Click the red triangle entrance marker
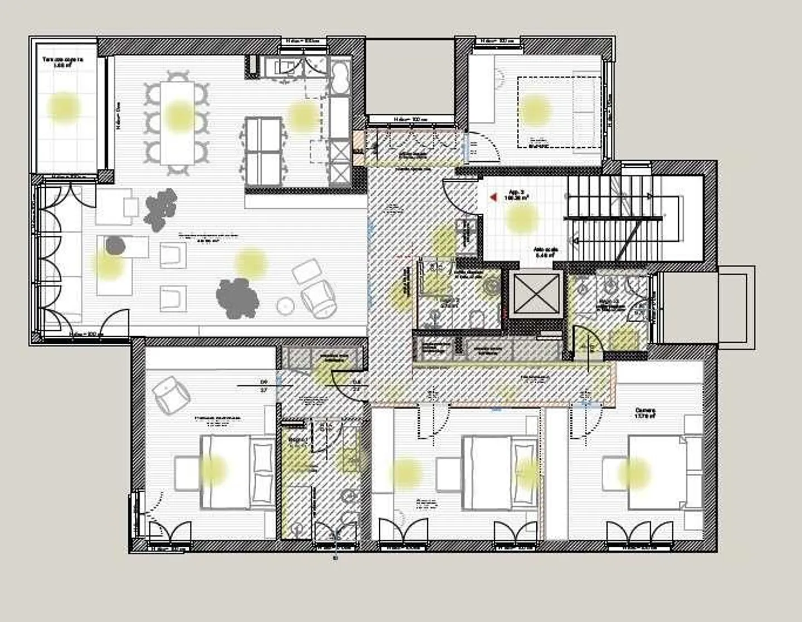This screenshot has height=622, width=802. point(492,197)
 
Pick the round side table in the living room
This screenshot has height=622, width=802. point(286,305)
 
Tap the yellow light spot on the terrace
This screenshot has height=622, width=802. point(63,106)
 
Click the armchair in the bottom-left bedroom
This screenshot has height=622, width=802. point(170,392)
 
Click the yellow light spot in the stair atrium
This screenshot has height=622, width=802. point(521,217)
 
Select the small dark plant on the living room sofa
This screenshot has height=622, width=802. point(115,245)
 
